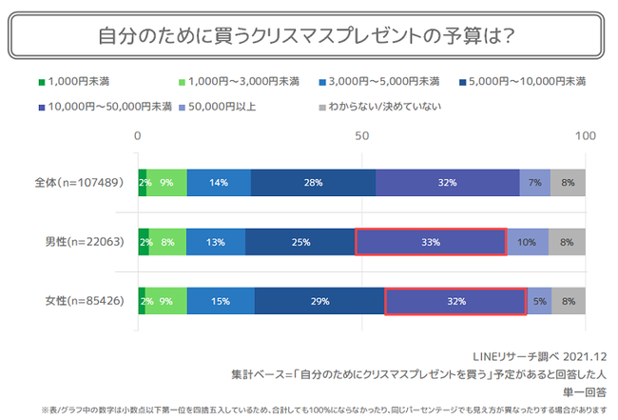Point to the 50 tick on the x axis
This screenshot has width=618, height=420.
coord(361,135)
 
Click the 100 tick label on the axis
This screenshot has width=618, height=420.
coord(585,135)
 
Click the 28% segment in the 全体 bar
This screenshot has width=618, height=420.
coord(314,181)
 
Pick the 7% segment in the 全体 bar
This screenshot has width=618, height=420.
coord(535,181)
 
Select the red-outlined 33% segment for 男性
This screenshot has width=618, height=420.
coord(430,242)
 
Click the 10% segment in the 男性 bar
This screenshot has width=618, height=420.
coord(527,242)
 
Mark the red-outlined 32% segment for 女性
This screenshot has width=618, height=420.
coord(455,302)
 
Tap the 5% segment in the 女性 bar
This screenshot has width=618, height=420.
coord(539,302)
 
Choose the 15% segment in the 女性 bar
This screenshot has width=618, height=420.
coord(221,302)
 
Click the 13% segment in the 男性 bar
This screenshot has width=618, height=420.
coord(216,242)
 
